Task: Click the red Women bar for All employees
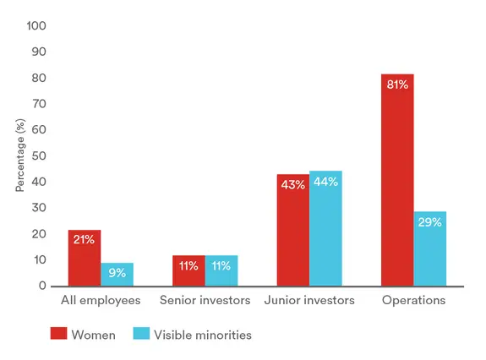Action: [x=85, y=258]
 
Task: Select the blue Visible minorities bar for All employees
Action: [x=117, y=274]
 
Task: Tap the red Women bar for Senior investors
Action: [x=188, y=270]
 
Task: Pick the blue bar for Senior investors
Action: [x=221, y=270]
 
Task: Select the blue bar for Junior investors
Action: [x=325, y=228]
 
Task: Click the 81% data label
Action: [x=397, y=85]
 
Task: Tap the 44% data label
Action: [x=325, y=182]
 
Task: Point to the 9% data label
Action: [x=117, y=273]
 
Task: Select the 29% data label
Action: [x=430, y=222]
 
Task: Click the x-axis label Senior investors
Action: [x=205, y=300]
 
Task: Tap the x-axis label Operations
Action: [x=413, y=300]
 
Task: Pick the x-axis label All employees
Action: [x=101, y=300]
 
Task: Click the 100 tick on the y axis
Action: [x=36, y=26]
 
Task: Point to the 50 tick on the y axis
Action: [x=39, y=156]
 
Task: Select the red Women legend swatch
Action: [x=58, y=335]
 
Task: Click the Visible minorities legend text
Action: [x=204, y=335]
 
